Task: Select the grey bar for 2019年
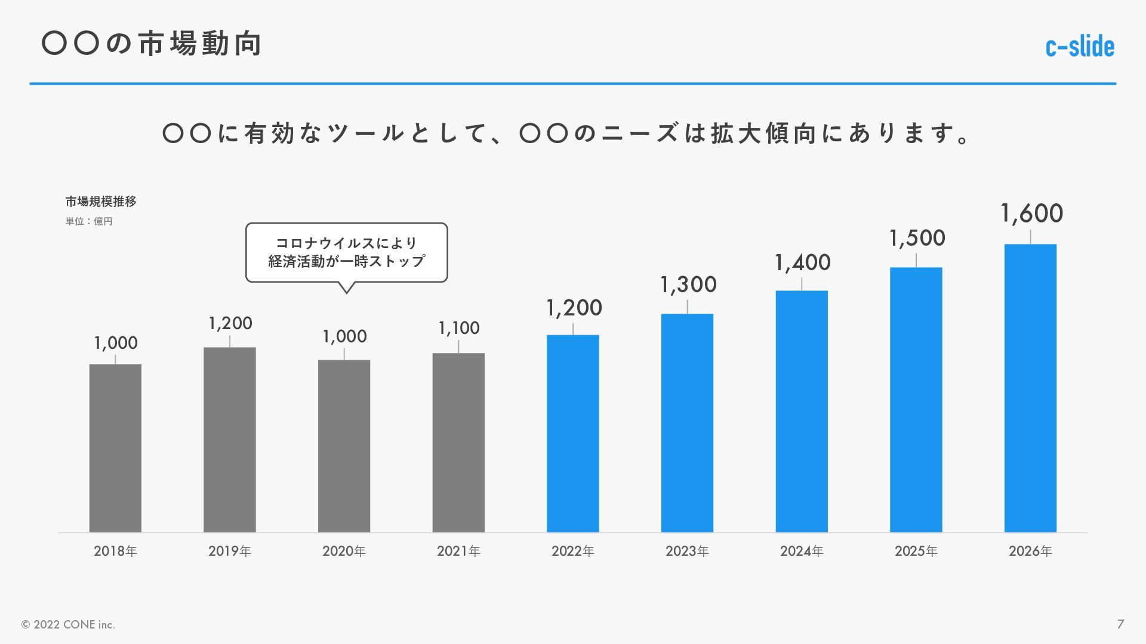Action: [230, 439]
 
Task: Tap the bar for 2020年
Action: [344, 445]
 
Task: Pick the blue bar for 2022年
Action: [573, 433]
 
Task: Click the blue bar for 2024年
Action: [802, 411]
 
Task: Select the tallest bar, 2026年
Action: [1030, 388]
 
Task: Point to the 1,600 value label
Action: [1031, 213]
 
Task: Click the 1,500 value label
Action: [917, 239]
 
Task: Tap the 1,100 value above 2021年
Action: [458, 328]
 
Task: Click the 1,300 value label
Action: [688, 285]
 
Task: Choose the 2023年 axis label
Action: [687, 551]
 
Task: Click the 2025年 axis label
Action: [916, 551]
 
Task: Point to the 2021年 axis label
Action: [458, 551]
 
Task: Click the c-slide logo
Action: [1080, 47]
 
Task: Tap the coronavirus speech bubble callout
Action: [346, 252]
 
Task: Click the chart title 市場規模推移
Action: [101, 202]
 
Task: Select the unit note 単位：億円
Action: [89, 221]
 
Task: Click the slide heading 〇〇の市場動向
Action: [152, 44]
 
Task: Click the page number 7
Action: [1120, 624]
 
